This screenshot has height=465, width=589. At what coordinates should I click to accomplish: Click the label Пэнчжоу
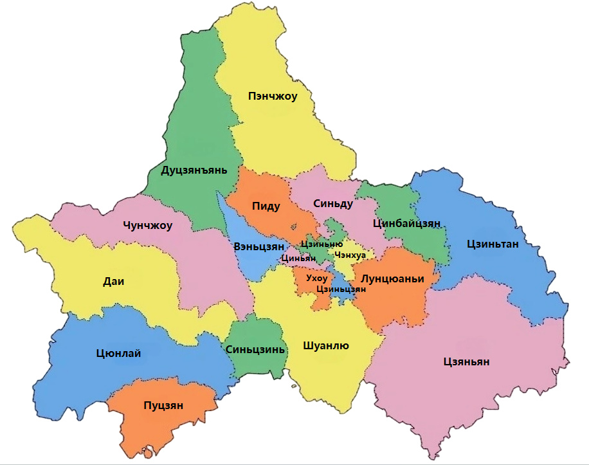273,97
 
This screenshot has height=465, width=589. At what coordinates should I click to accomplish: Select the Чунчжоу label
147,226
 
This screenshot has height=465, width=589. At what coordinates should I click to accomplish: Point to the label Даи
113,280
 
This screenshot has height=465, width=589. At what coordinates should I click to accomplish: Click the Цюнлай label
118,353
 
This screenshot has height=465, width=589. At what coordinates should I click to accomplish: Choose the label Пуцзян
163,405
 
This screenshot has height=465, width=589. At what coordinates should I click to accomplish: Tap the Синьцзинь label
255,349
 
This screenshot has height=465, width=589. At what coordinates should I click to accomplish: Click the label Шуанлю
325,346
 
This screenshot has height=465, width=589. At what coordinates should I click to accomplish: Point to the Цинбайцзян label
406,223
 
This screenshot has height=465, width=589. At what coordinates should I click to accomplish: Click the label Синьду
333,204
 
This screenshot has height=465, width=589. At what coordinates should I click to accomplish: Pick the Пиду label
266,206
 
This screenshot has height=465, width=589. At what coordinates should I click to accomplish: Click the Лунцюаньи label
393,279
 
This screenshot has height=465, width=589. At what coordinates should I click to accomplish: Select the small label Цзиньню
322,244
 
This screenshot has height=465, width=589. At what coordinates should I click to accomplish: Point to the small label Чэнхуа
350,255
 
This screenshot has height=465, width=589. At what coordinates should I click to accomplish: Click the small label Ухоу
317,278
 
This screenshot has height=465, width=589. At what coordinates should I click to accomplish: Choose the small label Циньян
298,259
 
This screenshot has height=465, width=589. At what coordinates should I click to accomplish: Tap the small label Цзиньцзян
341,289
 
